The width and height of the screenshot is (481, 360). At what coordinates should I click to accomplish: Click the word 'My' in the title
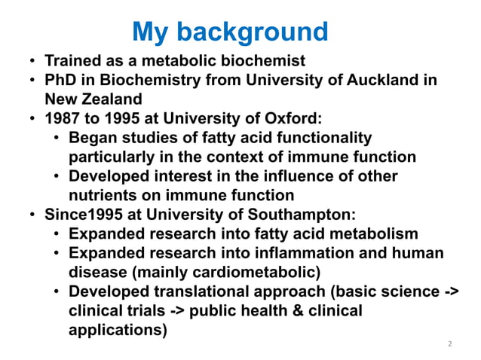pos(149,32)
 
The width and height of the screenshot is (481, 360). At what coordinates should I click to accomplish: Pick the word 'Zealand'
pos(114,99)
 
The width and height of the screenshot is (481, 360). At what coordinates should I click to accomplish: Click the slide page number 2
pos(449,345)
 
